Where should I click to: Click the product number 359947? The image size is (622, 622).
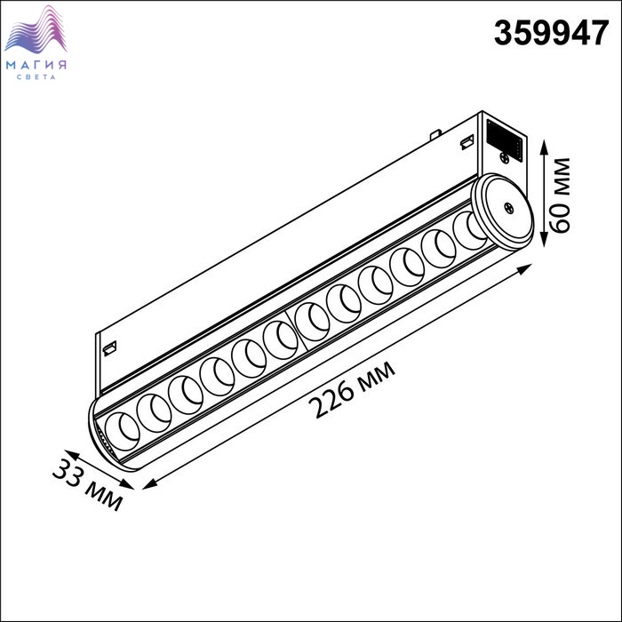[x=551, y=34]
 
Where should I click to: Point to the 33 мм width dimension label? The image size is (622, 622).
[x=87, y=485]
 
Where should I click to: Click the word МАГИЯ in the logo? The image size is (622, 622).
[x=36, y=65]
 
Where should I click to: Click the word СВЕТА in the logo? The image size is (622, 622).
[x=36, y=77]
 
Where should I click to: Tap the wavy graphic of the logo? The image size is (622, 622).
[x=36, y=29]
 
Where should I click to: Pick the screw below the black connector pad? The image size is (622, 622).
[x=505, y=157]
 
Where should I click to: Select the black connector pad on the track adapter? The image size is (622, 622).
[x=504, y=140]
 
